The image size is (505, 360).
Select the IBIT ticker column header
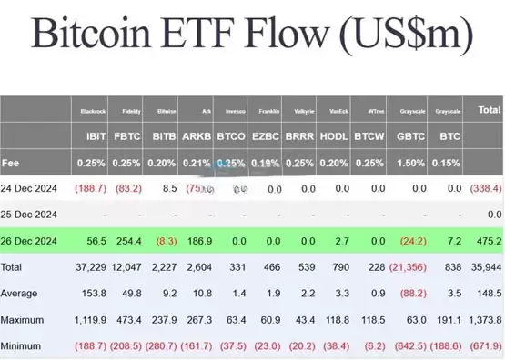pos(95,136)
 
